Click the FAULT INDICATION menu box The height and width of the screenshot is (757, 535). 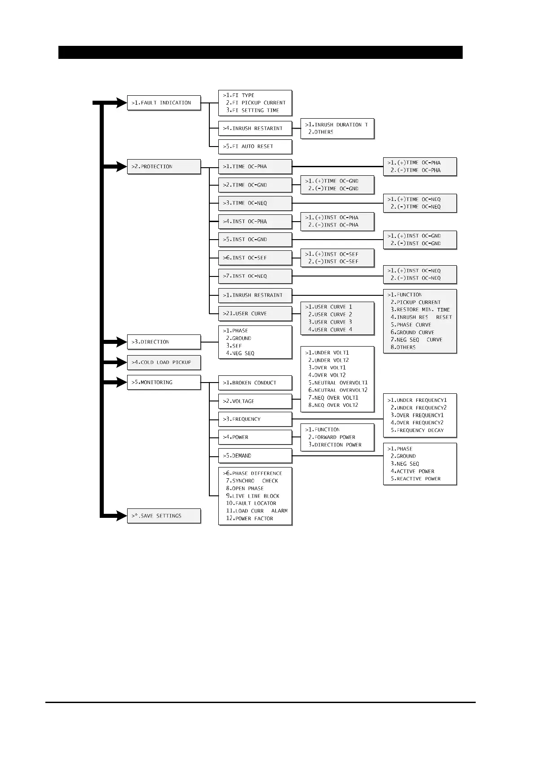pos(164,103)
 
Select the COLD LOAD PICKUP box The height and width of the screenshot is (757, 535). pos(164,362)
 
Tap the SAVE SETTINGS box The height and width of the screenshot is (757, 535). pos(164,516)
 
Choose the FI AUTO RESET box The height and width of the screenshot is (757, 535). pos(255,147)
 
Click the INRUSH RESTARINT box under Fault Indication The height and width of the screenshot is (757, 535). pos(255,129)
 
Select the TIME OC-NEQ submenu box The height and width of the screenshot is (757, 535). pos(255,203)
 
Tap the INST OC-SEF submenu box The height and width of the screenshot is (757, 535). pos(255,258)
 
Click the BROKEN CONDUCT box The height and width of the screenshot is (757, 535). pos(255,383)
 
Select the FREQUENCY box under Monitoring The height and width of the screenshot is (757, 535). pos(255,419)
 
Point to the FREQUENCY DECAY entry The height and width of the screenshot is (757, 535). pos(420,430)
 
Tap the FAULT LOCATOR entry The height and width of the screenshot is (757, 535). pos(255,503)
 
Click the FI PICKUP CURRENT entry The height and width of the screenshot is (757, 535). pos(258,103)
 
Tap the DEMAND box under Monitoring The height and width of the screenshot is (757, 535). pos(255,456)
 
